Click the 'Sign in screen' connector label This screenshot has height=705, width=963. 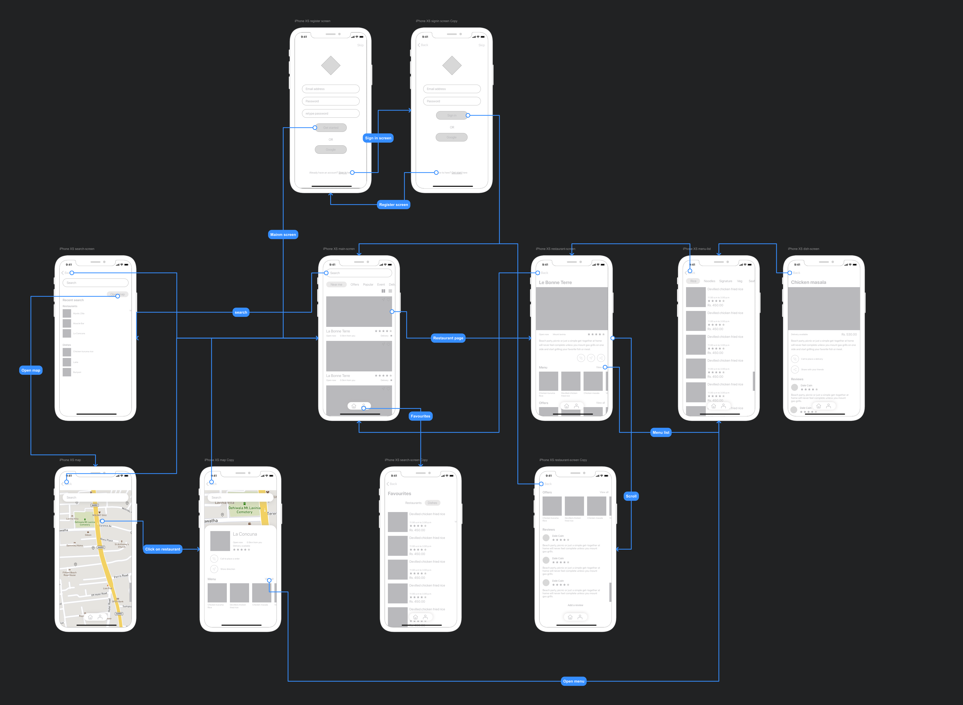[x=378, y=138]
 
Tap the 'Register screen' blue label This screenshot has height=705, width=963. [x=393, y=204]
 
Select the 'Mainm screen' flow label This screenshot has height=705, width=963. [x=283, y=234]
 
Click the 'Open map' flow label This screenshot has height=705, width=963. [x=31, y=370]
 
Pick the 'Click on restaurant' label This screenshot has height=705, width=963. [x=163, y=549]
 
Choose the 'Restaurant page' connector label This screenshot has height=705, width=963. [x=448, y=338]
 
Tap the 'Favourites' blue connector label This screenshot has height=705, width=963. [x=420, y=416]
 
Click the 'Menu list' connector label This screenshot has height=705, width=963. [x=661, y=432]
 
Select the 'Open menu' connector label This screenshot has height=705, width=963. [x=573, y=681]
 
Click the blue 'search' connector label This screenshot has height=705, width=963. [x=241, y=312]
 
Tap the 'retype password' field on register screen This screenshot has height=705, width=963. [x=331, y=113]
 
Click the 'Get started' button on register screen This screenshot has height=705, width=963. [x=331, y=128]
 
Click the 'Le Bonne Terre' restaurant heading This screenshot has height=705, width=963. [x=555, y=283]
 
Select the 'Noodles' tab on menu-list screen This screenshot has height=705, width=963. [x=709, y=281]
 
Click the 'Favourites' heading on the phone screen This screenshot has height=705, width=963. [x=399, y=493]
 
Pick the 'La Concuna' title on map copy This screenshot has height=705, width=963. [x=245, y=534]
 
